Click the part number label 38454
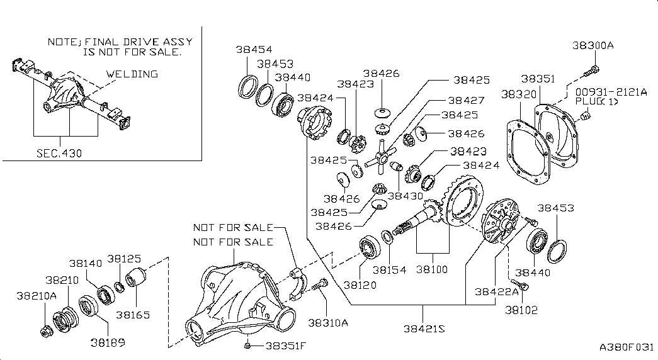click(254, 50)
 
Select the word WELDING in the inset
click(132, 74)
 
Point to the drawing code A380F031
click(627, 347)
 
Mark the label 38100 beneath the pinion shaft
click(432, 269)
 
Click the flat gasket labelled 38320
click(524, 155)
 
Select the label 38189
click(107, 343)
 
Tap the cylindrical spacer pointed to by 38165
click(137, 279)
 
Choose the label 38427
click(466, 100)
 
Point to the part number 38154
click(389, 269)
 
